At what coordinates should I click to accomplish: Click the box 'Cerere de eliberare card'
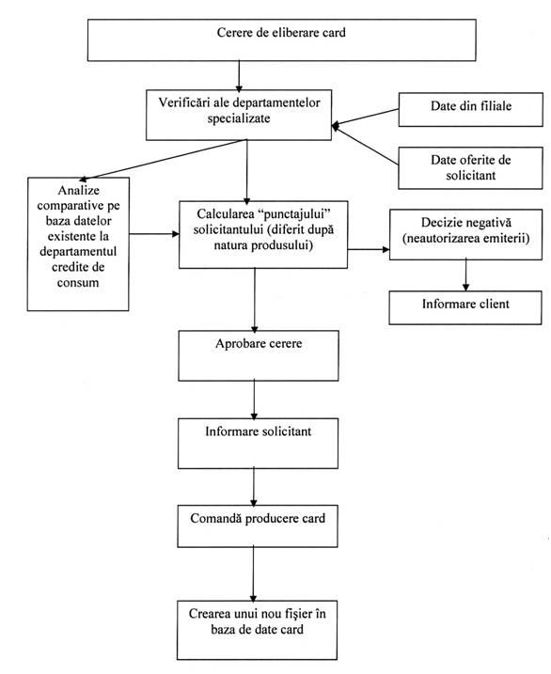[x=281, y=40]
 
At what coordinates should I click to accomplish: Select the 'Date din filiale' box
[x=471, y=110]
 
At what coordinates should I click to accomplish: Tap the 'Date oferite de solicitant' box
[x=470, y=168]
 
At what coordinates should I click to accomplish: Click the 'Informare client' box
[x=465, y=307]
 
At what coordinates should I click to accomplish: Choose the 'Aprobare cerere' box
[x=259, y=355]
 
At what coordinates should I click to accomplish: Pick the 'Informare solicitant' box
[x=258, y=443]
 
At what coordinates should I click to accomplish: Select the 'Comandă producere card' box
[x=258, y=526]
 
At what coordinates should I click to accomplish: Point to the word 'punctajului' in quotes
[x=296, y=214]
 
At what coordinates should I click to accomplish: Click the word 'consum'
[x=78, y=283]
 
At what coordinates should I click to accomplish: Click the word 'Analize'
[x=79, y=190]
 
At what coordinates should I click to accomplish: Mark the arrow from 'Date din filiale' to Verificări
[x=366, y=118]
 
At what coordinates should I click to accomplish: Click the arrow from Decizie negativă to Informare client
[x=465, y=275]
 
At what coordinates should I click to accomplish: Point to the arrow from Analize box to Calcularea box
[x=154, y=234]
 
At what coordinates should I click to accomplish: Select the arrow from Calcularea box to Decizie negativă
[x=369, y=249]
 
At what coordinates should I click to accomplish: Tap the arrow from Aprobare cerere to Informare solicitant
[x=254, y=400]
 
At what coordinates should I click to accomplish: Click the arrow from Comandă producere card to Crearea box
[x=253, y=573]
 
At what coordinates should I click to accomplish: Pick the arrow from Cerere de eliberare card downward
[x=239, y=75]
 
